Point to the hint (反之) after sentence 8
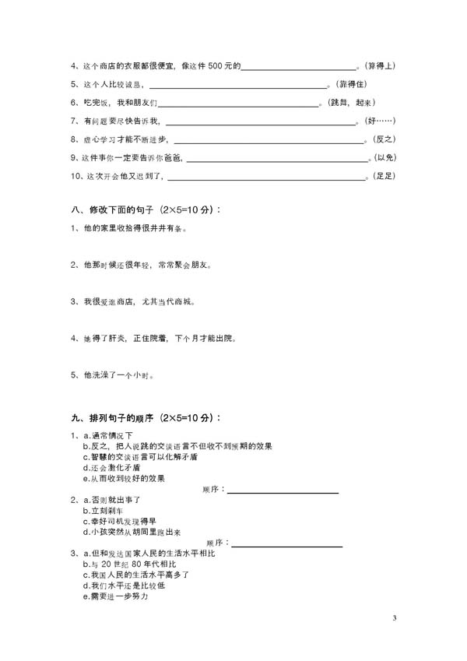click(385, 139)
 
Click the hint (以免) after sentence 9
click(385, 158)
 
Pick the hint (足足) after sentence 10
click(385, 177)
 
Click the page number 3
click(395, 618)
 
